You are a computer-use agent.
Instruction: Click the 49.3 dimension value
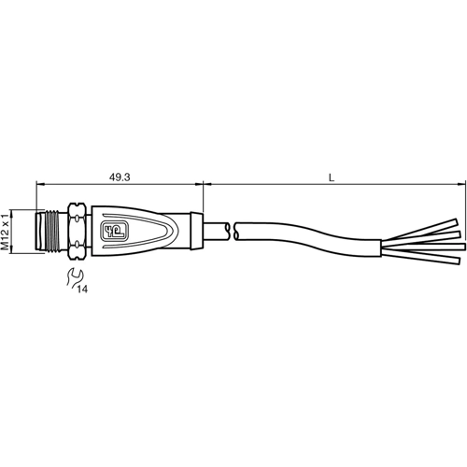coord(119,174)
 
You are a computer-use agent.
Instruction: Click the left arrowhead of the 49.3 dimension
coord(40,183)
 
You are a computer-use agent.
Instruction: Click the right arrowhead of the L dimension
coord(459,183)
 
